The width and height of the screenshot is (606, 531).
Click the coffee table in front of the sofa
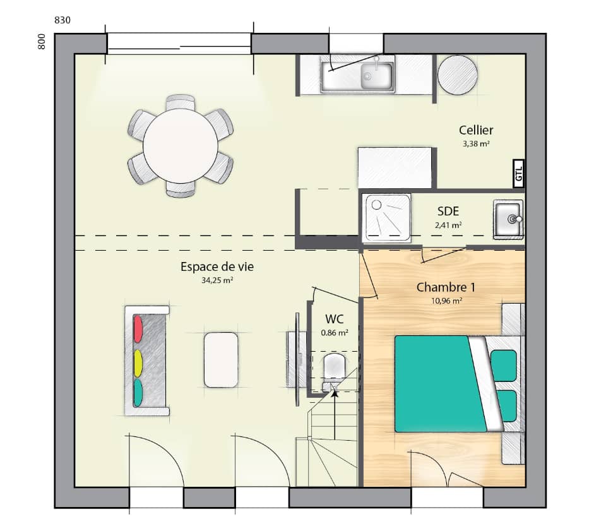pyautogui.click(x=221, y=359)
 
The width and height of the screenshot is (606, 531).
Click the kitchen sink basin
pyautogui.click(x=377, y=76)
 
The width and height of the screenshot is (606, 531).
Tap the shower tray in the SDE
pyautogui.click(x=386, y=217)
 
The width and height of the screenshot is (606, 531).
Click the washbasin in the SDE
pyautogui.click(x=508, y=220)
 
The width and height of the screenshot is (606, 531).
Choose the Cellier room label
pyautogui.click(x=476, y=131)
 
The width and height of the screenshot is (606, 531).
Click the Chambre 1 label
pyautogui.click(x=446, y=287)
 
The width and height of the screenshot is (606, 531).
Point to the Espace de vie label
pyautogui.click(x=217, y=267)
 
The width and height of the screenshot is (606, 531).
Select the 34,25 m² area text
pyautogui.click(x=217, y=282)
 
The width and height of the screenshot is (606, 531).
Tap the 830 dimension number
pyautogui.click(x=62, y=20)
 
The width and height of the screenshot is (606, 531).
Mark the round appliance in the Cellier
pyautogui.click(x=458, y=75)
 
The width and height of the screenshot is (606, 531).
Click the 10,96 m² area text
pyautogui.click(x=446, y=301)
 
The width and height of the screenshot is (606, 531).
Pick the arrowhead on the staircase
pyautogui.click(x=335, y=393)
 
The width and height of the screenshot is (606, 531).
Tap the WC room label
pyautogui.click(x=335, y=319)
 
